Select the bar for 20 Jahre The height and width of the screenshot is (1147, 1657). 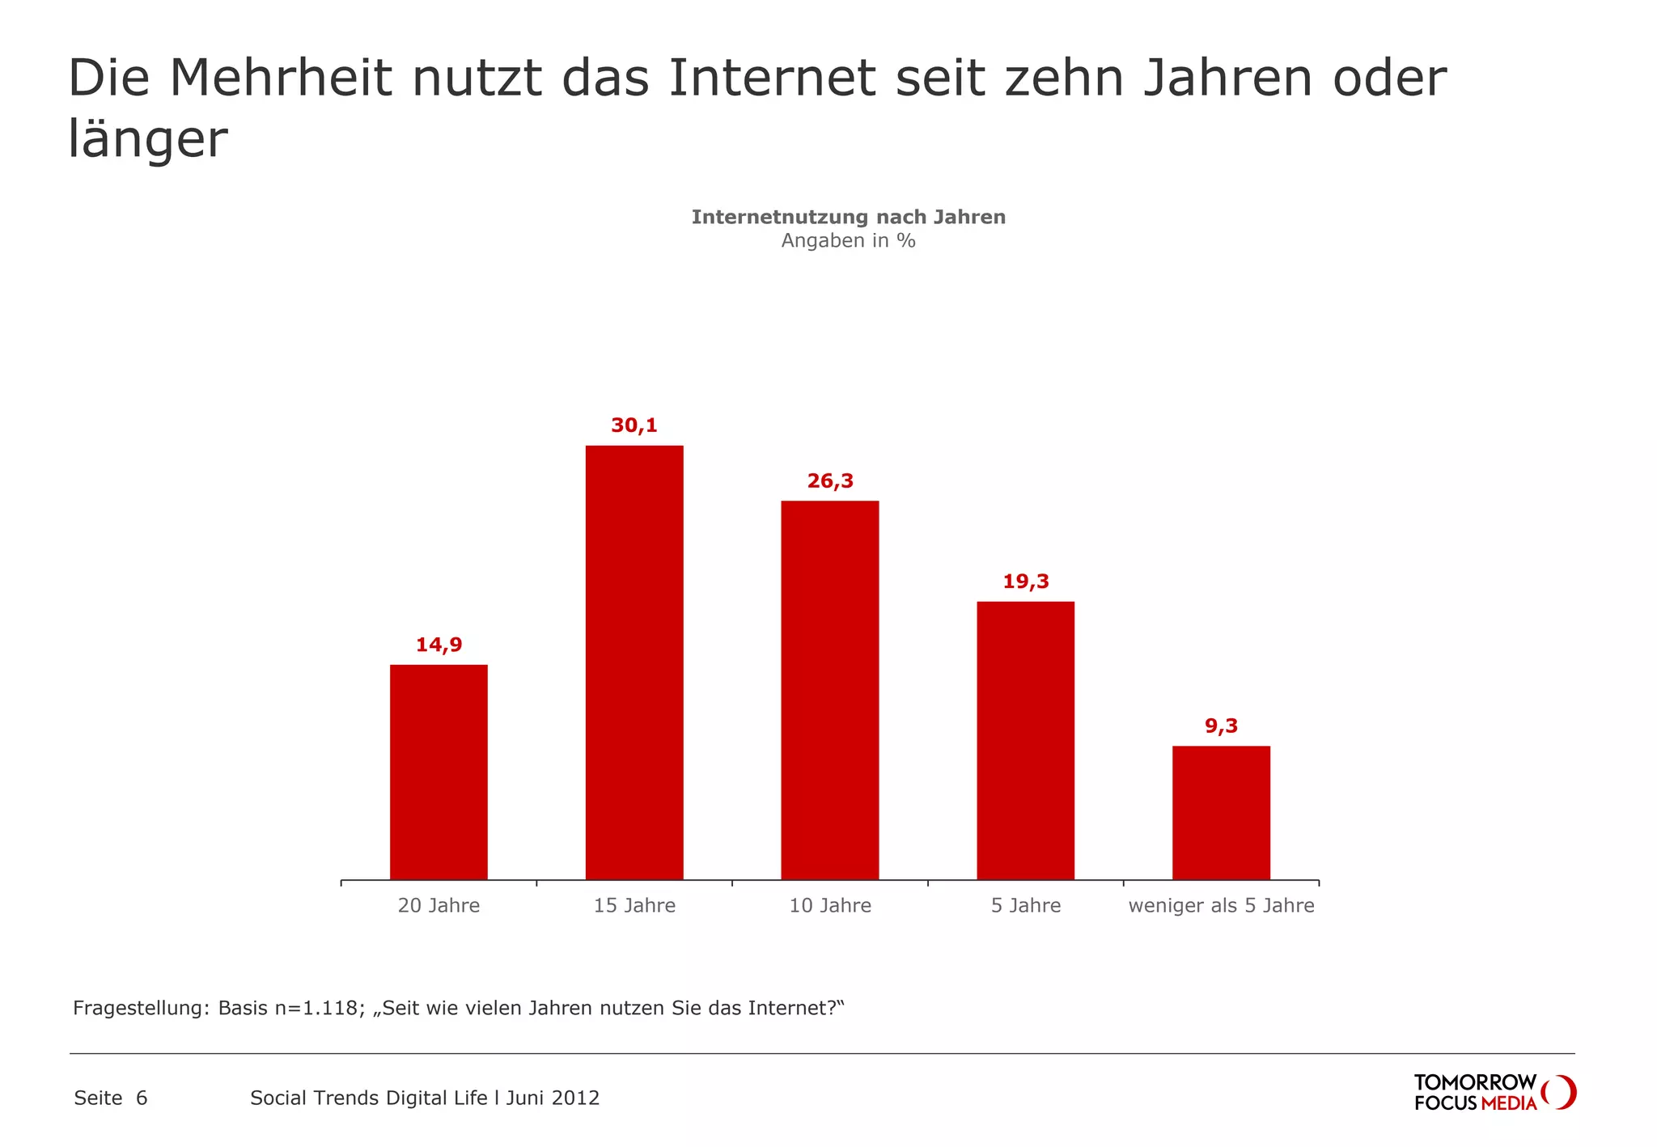point(439,772)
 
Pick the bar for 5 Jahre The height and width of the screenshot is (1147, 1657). point(1025,739)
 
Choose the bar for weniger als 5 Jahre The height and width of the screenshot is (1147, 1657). point(1221,812)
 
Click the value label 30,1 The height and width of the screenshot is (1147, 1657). point(634,425)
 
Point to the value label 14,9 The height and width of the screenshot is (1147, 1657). point(439,645)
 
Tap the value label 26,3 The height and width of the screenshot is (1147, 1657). point(830,481)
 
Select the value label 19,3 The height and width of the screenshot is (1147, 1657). point(1025,582)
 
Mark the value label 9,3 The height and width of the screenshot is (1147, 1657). point(1221,726)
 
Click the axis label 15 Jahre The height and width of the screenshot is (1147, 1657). point(634,906)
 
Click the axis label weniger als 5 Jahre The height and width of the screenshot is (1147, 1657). point(1221,906)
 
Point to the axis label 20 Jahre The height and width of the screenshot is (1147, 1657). point(439,906)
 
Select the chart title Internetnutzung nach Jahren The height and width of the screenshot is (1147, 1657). point(848,217)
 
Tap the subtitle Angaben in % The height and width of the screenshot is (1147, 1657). point(848,241)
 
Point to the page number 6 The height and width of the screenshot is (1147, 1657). point(142,1098)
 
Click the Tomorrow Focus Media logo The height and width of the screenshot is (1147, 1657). point(1493,1092)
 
